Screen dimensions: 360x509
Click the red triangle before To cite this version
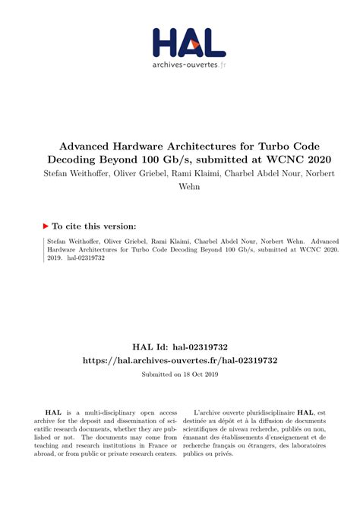pos(46,226)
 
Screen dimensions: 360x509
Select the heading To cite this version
pos(93,226)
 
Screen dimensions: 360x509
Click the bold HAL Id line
pos(180,346)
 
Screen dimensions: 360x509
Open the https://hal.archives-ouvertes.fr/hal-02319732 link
pos(180,360)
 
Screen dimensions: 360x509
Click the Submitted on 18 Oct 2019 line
pos(180,375)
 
